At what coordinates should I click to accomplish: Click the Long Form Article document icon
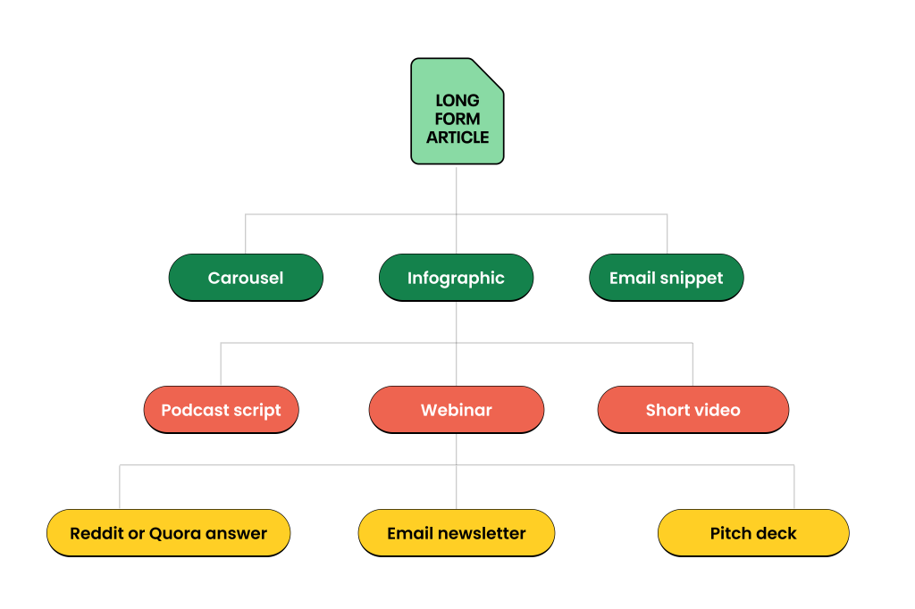pos(457,111)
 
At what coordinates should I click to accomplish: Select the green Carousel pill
pos(246,278)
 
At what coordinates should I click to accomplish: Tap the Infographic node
pos(456,278)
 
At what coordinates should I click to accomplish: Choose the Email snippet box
pos(667,278)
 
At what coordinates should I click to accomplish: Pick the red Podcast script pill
pos(222,410)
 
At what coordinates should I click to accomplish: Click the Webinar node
pos(457,410)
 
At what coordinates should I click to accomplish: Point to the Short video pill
pos(693,410)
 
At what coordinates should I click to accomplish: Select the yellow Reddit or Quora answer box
pos(169,533)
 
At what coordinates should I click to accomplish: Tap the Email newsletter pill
pos(457,533)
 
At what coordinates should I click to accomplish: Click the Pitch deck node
pos(753,533)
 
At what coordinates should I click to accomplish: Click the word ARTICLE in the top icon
pos(457,138)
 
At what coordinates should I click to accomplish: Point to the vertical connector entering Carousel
pos(246,234)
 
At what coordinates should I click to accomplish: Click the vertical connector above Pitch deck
pos(794,487)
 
